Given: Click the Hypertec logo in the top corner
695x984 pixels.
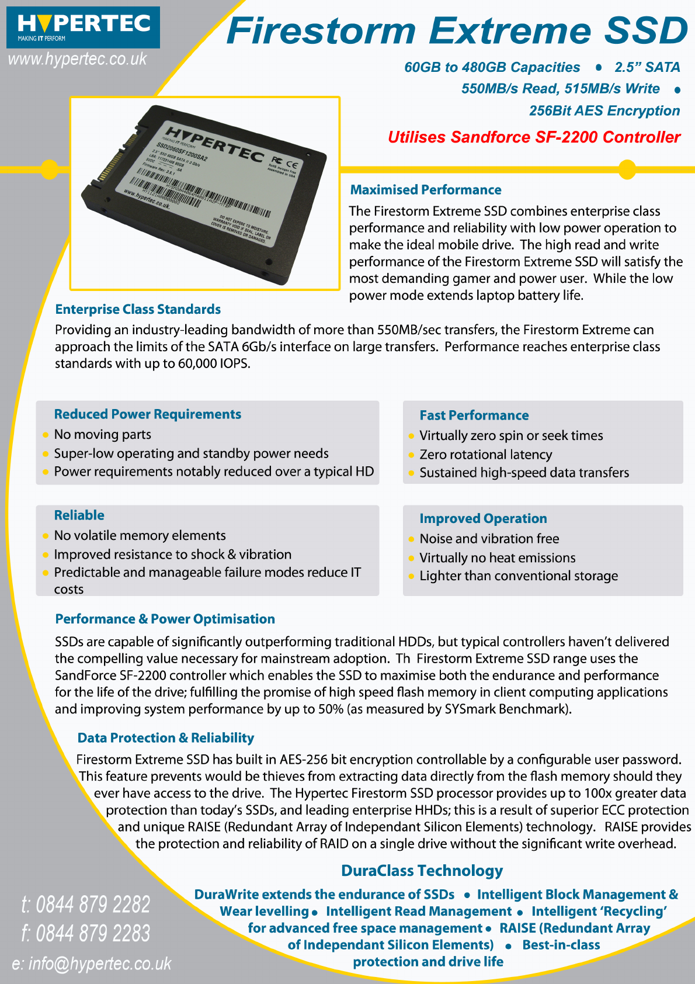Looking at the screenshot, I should pos(83,27).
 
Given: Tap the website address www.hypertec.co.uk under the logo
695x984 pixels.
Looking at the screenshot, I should pos(77,59).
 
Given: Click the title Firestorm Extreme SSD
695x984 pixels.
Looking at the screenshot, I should pos(457,30).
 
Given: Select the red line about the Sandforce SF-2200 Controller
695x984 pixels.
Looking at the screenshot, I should pos(534,137).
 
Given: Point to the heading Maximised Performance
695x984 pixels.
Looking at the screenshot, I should pos(425,190).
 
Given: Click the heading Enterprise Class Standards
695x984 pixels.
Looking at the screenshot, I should pos(138,309).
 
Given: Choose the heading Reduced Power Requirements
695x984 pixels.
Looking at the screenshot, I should pos(147,414).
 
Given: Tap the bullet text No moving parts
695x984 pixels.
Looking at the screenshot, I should pos(102,434).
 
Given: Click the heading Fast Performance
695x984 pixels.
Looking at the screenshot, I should pos(474,415).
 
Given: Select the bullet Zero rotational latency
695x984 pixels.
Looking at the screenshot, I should pos(485,455).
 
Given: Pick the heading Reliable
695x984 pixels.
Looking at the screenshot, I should pos(79,515).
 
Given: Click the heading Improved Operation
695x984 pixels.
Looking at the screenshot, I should pos(483,519).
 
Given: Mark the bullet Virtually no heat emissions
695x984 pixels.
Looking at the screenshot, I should pos(497,558).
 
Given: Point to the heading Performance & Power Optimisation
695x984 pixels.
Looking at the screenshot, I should pos(165,619).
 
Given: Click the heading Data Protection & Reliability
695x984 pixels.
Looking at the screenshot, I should pos(165,738).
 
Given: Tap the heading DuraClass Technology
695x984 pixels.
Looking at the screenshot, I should pos(422,871).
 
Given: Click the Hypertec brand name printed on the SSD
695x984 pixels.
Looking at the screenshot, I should pos(214,144).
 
